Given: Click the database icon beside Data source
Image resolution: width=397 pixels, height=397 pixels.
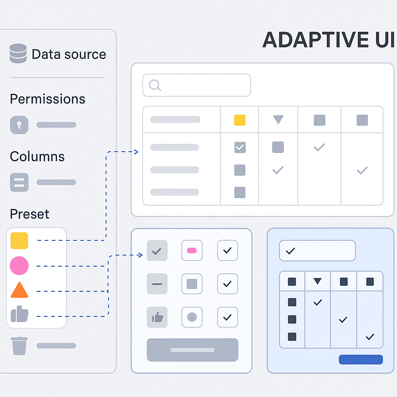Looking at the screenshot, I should (18, 54).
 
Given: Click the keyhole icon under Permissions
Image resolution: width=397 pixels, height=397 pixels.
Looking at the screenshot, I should (19, 125).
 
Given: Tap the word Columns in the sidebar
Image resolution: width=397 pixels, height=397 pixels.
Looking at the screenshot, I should (37, 157).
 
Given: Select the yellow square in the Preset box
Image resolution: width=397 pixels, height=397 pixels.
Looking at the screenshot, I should (19, 240).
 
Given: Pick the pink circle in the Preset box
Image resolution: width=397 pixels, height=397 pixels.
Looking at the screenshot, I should (19, 266).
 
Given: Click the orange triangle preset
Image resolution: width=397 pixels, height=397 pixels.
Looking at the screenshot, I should (20, 290).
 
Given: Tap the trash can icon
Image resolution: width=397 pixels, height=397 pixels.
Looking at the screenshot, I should (19, 345).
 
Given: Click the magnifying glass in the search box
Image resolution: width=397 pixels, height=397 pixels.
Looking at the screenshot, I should (155, 85).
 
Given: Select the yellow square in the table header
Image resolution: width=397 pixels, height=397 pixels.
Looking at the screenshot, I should (240, 120).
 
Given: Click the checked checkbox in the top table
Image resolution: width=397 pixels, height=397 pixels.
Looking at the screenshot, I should (240, 147).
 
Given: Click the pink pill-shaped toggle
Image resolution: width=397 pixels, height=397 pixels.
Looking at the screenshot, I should (192, 250).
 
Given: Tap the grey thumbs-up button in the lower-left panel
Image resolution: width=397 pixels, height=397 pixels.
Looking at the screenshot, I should (157, 318).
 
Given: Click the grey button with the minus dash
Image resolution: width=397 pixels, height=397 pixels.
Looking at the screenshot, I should (157, 284).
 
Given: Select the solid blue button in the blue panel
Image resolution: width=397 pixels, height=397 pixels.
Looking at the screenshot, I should (361, 359).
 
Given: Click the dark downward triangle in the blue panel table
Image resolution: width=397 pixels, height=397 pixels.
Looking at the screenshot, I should (318, 281).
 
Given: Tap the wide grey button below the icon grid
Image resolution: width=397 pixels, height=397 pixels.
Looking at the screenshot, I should (192, 350).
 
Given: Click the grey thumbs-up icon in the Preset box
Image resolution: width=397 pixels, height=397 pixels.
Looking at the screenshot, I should (20, 314).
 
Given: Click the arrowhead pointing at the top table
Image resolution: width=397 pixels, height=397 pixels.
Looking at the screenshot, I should (136, 152).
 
